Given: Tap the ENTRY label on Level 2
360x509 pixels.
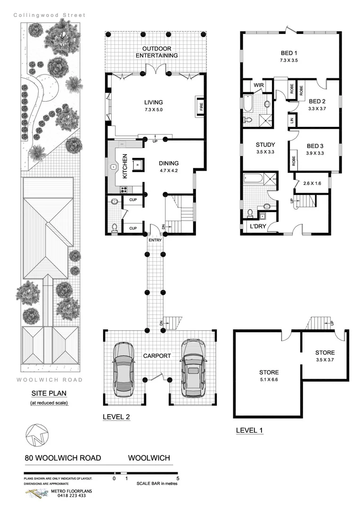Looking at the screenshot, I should point(155,240).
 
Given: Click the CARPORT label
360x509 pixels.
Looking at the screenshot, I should point(157,356).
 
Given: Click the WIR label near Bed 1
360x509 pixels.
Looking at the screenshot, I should point(258,85).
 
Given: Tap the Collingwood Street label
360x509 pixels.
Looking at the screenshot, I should point(49,15).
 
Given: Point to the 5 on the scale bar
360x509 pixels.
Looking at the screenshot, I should point(177,478).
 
